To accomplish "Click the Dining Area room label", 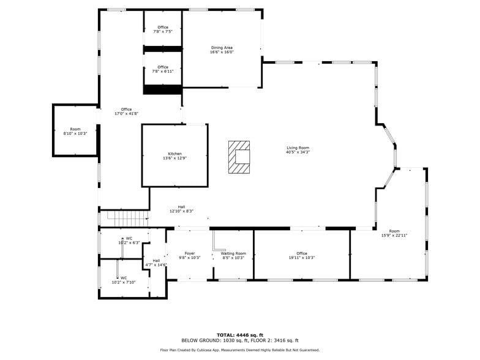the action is pos(222,48).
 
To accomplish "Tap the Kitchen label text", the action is pos(175,154).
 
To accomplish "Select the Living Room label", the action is pos(298,148).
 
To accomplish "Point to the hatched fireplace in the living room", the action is pos(239,157).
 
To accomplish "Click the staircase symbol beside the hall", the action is pos(127,218).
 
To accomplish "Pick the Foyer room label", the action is pos(190,253).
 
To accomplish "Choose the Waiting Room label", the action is pos(234,253).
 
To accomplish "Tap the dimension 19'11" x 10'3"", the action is pos(302,258).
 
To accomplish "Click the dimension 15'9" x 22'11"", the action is pos(394,235).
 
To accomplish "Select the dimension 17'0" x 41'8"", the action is pos(126,114).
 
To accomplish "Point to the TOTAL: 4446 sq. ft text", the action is pos(240,336).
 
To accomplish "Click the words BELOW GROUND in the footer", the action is pos(200,340).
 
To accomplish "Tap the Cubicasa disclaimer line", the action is pos(240,350).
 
